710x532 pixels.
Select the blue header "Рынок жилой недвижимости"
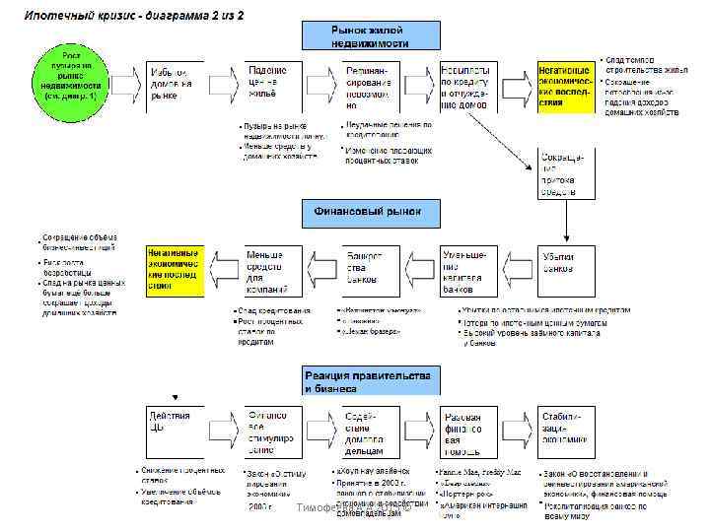[x=369, y=35]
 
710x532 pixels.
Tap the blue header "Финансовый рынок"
[x=369, y=211]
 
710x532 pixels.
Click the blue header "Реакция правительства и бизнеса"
[x=369, y=381]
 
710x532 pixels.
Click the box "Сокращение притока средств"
[x=566, y=173]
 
